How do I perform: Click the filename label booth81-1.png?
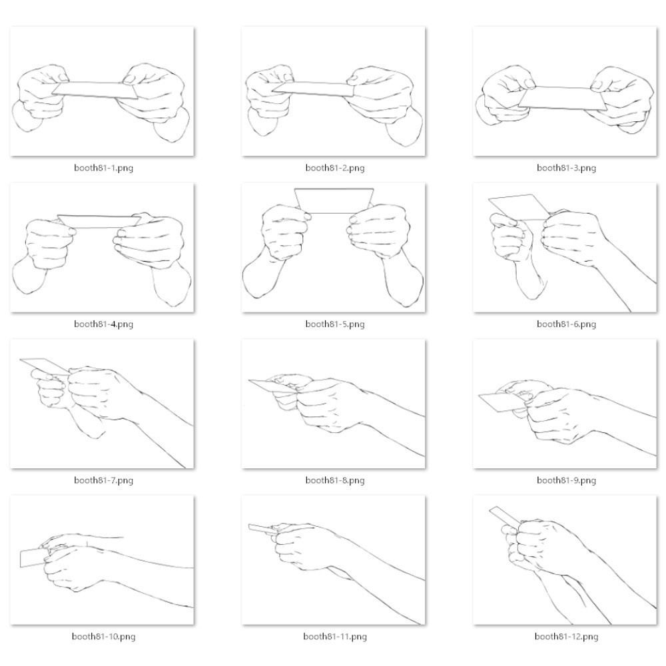103,168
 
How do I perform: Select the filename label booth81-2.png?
335,168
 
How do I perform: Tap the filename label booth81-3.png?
566,168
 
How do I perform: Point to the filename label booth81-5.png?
335,324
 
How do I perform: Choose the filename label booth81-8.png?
335,480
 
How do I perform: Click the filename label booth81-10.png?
103,636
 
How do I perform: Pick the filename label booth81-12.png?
566,636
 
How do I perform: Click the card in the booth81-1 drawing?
95,90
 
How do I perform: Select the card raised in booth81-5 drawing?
334,200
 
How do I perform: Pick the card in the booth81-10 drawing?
32,558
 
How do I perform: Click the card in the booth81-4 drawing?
99,221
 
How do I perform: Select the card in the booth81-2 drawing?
312,89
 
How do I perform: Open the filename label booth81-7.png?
103,480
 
